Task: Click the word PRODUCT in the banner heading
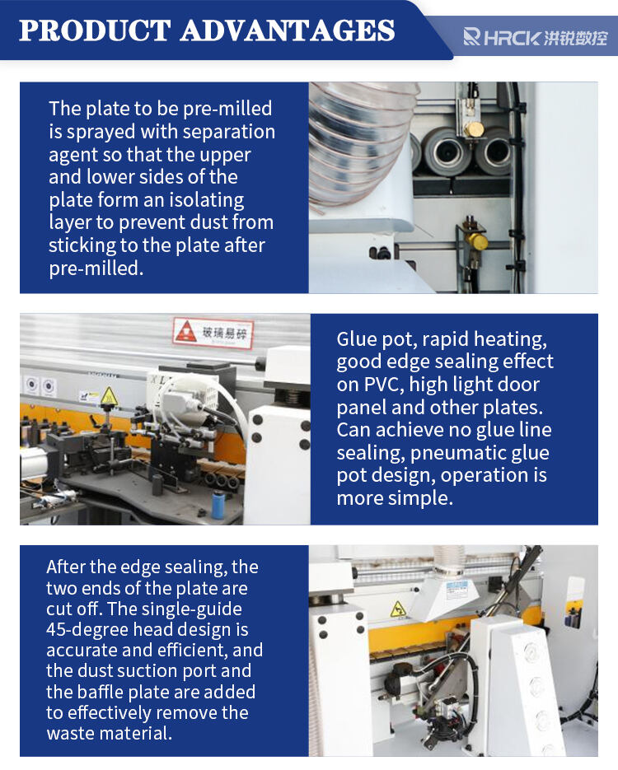click(x=95, y=30)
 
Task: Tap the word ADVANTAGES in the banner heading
click(x=288, y=30)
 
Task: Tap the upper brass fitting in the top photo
click(x=474, y=129)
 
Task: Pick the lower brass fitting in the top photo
click(x=476, y=240)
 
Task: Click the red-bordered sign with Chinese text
click(x=213, y=333)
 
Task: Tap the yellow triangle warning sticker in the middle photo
click(x=109, y=396)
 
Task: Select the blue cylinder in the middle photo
click(x=218, y=504)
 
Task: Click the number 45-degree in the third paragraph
click(x=87, y=630)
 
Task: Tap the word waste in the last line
click(x=72, y=734)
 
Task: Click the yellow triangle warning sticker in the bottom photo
click(x=397, y=609)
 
